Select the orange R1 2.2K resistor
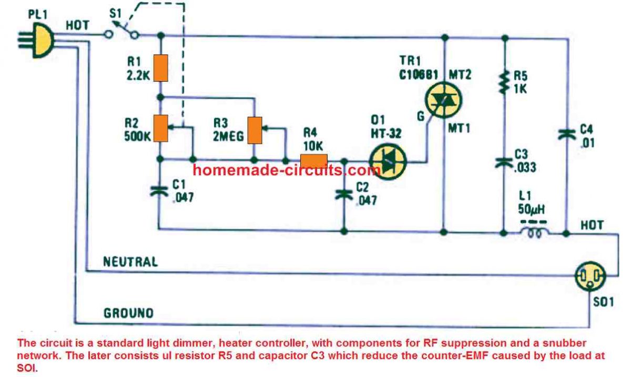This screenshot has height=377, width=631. [x=161, y=67]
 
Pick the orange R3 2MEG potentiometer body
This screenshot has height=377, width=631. [x=255, y=131]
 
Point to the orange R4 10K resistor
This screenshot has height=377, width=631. [x=313, y=160]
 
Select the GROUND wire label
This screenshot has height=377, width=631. [x=128, y=313]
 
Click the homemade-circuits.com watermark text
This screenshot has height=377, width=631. [x=286, y=170]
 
